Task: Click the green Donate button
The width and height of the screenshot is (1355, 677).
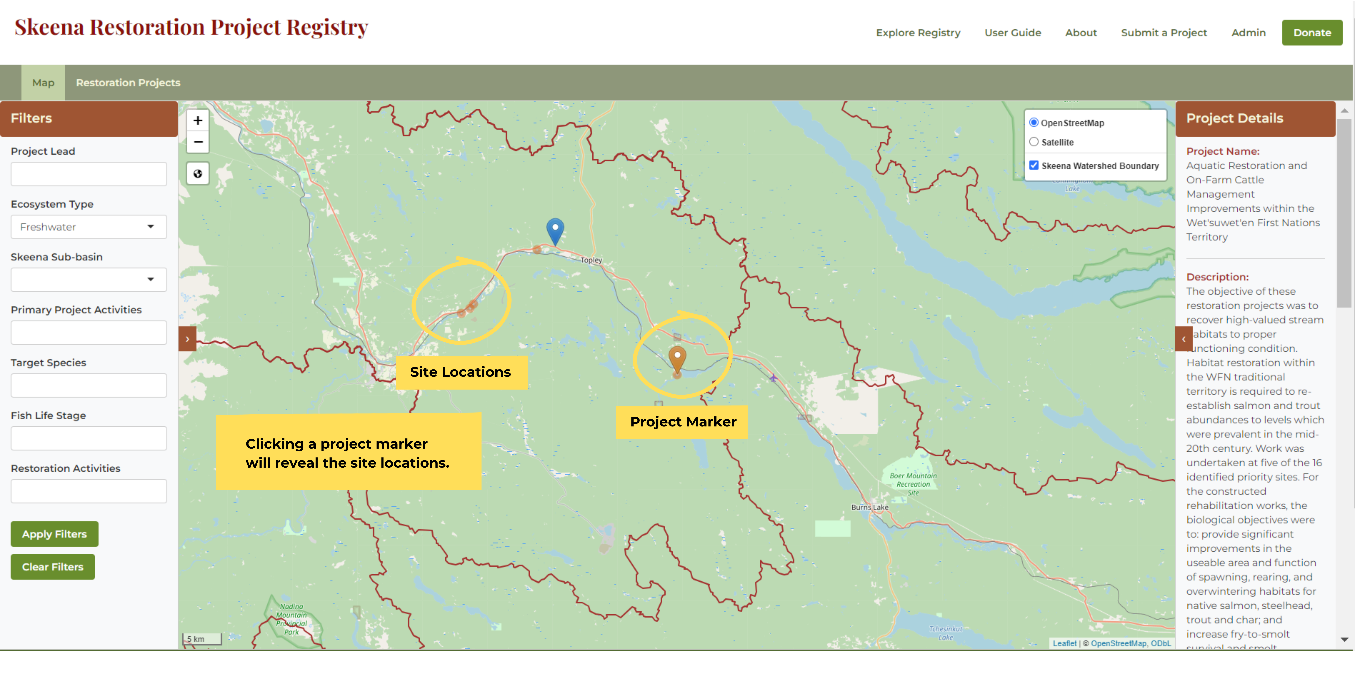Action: [x=1312, y=33]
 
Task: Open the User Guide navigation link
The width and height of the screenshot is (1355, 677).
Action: [x=1013, y=33]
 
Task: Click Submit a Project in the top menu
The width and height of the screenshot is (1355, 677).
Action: [x=1163, y=33]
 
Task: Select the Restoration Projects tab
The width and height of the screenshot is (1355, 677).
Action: [x=128, y=82]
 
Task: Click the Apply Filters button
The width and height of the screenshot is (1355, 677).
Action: [x=54, y=534]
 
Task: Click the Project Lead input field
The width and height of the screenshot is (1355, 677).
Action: [x=88, y=174]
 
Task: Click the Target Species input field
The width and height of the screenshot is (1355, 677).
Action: [x=88, y=385]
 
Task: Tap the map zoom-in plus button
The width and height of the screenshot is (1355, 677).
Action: [x=198, y=120]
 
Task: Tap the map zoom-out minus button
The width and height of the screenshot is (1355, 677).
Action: [x=198, y=142]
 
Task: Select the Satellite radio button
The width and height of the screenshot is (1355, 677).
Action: [x=1034, y=142]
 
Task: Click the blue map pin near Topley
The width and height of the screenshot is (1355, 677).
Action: [x=555, y=230]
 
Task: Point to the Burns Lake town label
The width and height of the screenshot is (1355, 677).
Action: [x=869, y=507]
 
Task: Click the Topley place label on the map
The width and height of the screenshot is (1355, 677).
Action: [x=591, y=260]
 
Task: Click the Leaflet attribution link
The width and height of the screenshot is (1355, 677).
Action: [x=1064, y=643]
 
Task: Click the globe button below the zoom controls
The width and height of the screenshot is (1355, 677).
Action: [x=198, y=173]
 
